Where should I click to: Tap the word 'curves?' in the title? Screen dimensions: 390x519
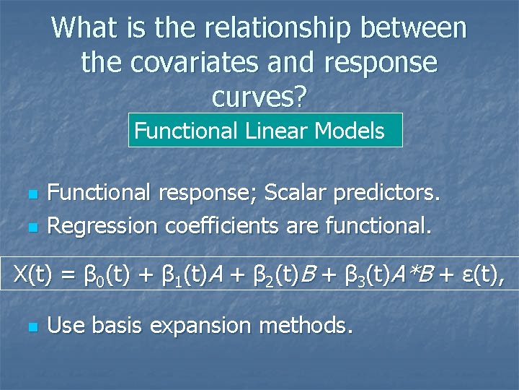tap(259, 97)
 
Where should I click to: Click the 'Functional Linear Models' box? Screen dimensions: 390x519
tap(265, 131)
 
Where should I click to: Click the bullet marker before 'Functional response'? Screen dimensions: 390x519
tap(31, 194)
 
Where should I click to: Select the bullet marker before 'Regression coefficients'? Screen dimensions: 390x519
tap(31, 227)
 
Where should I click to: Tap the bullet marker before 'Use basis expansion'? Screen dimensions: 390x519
tap(31, 327)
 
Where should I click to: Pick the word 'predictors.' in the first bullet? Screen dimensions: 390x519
tap(395, 193)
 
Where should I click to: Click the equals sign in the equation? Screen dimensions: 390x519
tap(69, 274)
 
